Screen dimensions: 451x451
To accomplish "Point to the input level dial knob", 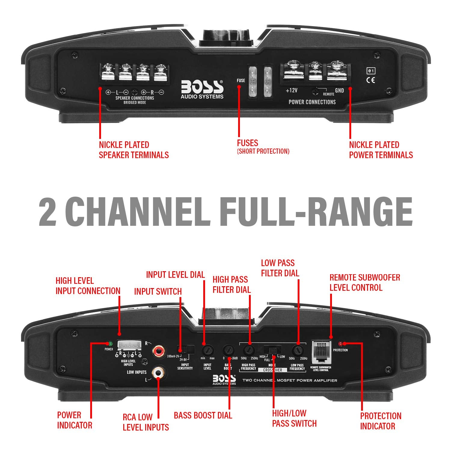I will click(x=207, y=350).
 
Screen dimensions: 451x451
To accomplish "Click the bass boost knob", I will click(x=229, y=350).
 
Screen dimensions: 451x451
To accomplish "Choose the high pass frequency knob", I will click(x=249, y=350).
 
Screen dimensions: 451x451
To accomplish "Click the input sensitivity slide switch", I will click(x=186, y=349).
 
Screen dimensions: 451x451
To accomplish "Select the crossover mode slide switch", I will click(x=272, y=350).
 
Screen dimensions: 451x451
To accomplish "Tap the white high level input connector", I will click(x=129, y=345).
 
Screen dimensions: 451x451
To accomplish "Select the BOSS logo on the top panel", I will click(x=202, y=89).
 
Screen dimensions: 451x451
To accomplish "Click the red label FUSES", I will click(x=247, y=143).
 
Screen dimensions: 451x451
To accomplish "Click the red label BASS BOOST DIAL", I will click(x=203, y=415).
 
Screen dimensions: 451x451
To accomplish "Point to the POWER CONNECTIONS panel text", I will click(x=312, y=102).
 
